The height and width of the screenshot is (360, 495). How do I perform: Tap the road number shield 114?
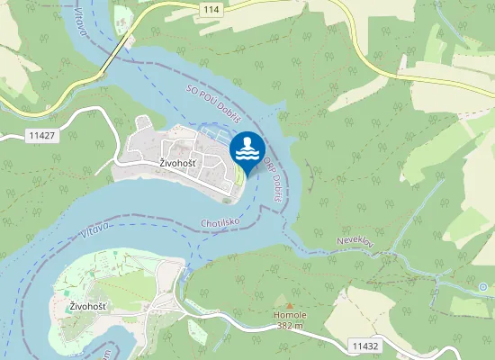[211, 8]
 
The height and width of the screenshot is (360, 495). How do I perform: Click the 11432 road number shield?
[364, 346]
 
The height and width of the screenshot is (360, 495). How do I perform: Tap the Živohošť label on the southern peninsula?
[88, 307]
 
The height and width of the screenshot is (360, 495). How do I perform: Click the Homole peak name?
[290, 316]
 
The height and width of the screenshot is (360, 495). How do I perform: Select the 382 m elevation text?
[290, 326]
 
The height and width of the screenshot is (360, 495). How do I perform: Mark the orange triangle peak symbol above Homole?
[290, 306]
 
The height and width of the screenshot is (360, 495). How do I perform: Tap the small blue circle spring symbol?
[484, 287]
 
